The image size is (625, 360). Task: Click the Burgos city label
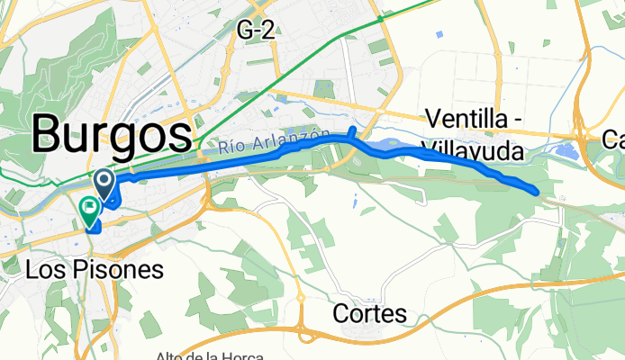point(112,136)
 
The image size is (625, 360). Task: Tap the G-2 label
point(255,30)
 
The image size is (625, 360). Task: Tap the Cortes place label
point(369,314)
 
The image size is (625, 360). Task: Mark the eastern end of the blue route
point(537,191)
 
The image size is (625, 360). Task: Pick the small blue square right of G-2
point(439,34)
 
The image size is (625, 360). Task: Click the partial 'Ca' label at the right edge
point(613,139)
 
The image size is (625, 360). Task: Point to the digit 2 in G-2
point(267,30)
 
